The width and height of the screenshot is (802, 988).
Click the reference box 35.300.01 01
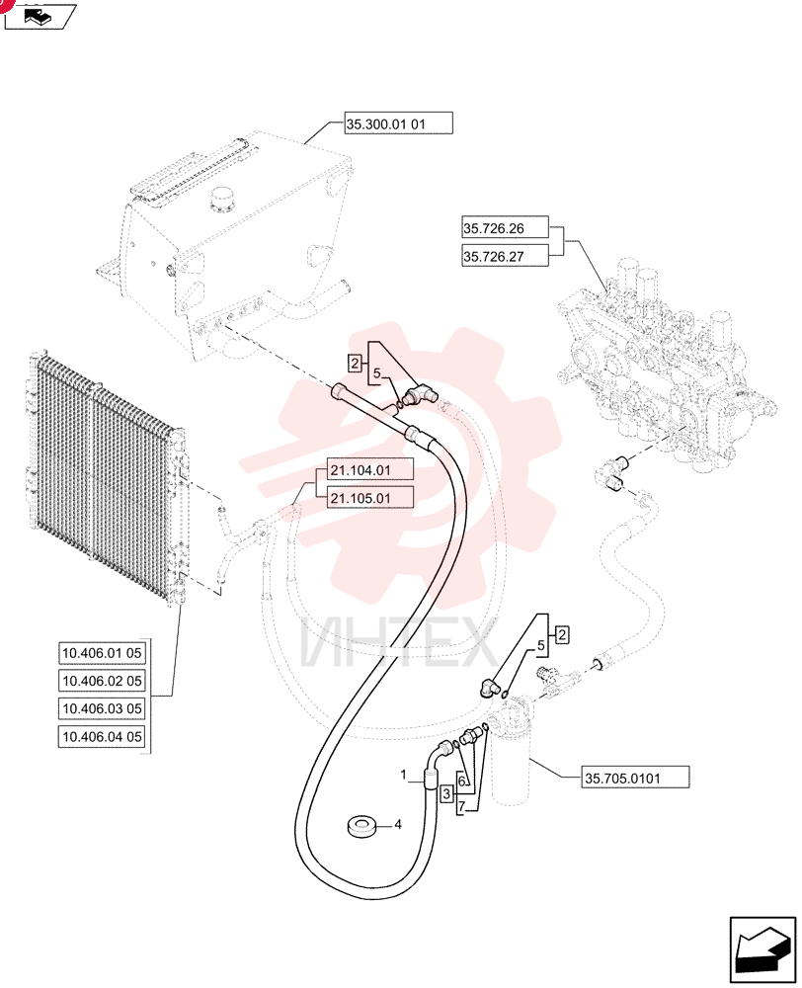[398, 123]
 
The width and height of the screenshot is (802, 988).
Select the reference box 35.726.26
[505, 228]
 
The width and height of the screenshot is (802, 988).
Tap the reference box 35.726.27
[505, 256]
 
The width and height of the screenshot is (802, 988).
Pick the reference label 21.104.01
[370, 470]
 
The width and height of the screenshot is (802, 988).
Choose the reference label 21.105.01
[370, 498]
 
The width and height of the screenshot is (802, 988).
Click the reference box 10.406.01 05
[102, 653]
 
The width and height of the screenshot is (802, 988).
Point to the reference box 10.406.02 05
[102, 681]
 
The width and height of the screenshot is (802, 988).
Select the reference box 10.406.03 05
[102, 708]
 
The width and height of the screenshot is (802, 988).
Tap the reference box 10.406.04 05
[102, 736]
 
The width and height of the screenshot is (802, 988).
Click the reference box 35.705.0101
[635, 778]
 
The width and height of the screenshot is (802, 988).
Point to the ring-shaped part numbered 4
[362, 826]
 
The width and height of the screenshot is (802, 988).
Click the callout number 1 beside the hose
[404, 775]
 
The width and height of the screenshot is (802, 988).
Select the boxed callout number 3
[446, 793]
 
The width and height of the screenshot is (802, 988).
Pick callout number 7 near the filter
[462, 806]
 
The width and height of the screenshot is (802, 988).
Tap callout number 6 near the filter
[462, 782]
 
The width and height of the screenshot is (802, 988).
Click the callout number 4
[397, 824]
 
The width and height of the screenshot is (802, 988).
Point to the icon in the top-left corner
[40, 17]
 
